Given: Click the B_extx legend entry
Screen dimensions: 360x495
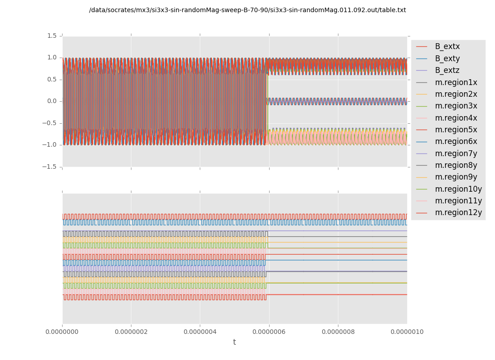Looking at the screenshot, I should [447, 46].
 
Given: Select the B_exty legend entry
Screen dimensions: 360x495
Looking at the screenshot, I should [447, 58].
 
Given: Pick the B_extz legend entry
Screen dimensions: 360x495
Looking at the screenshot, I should [447, 70].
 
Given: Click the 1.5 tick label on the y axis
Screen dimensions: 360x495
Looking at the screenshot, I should [52, 36].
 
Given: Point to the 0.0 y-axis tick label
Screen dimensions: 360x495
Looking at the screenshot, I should [52, 101].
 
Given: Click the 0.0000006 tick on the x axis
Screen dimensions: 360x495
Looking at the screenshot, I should [269, 332].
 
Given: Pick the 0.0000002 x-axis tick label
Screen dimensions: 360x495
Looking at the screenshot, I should [131, 332].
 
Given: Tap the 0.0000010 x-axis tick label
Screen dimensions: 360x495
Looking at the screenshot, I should [407, 332].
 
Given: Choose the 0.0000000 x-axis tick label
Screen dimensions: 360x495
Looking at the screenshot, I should [63, 332].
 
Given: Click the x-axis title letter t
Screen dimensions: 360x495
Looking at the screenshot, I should [234, 342].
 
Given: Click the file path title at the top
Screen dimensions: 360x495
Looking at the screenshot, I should [247, 10].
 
